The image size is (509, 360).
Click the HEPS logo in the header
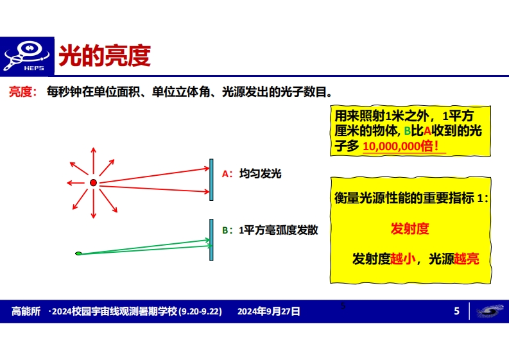click(27, 56)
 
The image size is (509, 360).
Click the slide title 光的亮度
click(105, 56)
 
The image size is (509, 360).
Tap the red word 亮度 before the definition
click(21, 92)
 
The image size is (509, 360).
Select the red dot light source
click(93, 183)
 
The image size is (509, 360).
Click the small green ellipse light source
click(78, 253)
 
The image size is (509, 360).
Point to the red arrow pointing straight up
click(94, 160)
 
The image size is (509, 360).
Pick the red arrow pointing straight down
click(94, 204)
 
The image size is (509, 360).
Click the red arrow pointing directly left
click(76, 183)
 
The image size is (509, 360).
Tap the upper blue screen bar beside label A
click(211, 180)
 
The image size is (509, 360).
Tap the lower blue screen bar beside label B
click(211, 240)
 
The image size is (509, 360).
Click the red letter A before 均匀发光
click(225, 174)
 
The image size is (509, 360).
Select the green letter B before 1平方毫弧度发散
click(225, 230)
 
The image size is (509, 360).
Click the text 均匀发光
click(260, 174)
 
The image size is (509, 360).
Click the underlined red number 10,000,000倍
click(401, 146)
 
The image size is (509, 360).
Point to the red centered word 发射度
click(410, 228)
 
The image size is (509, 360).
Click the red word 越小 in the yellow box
click(403, 259)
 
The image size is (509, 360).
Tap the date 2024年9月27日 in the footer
click(268, 312)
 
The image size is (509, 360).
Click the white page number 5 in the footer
click(457, 311)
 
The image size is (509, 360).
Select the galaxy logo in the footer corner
click(490, 312)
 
